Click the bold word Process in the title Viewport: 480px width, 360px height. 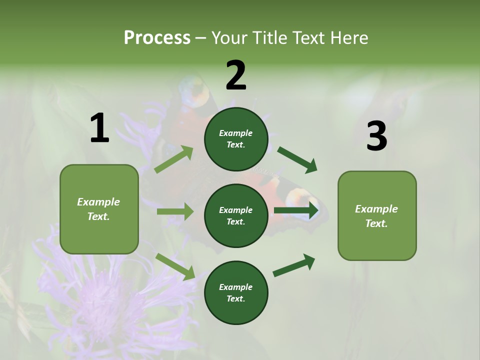click(157, 37)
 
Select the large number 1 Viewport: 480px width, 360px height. click(99, 128)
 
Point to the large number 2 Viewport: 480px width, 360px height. click(236, 75)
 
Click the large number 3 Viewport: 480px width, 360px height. click(376, 136)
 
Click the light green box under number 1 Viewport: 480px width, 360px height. click(99, 209)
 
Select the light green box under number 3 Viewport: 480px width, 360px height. click(377, 216)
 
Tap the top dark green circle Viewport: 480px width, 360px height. click(236, 139)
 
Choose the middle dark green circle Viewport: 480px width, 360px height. click(236, 215)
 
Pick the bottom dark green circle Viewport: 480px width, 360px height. click(236, 292)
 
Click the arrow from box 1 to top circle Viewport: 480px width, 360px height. click(174, 159)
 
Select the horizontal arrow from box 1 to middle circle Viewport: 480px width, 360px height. click(175, 211)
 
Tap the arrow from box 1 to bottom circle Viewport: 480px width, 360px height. click(175, 266)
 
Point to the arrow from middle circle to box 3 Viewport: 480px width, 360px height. click(296, 210)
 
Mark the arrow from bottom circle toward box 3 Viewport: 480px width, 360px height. click(294, 265)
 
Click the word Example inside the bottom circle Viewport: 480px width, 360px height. click(235, 287)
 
